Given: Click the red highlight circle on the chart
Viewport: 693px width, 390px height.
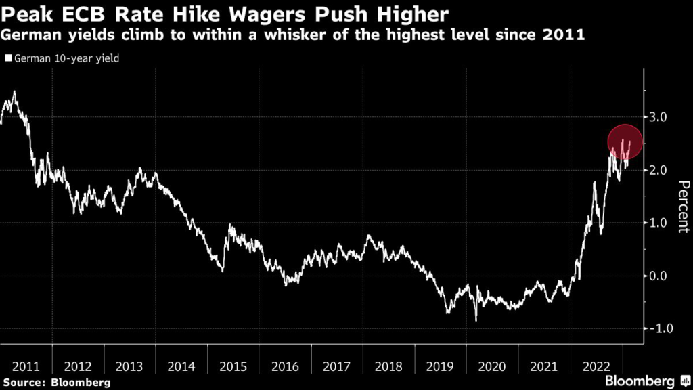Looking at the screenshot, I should point(625,141).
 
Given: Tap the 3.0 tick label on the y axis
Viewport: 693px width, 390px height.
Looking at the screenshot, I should point(658,117).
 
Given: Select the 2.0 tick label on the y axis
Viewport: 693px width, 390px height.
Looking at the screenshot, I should point(658,170).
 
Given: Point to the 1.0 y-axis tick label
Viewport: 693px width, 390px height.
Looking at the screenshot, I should point(658,223).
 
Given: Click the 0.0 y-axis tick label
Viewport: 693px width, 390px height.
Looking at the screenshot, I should point(658,276).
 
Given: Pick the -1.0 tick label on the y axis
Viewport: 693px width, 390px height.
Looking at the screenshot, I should point(656,328).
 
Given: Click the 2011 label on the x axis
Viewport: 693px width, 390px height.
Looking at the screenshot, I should point(26,366).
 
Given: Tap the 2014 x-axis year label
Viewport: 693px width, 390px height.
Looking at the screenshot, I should point(181,366).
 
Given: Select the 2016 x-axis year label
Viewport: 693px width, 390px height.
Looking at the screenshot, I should point(285,366).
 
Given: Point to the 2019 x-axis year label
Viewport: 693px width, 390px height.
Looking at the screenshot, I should point(440,366).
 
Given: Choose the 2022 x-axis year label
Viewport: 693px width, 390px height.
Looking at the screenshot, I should point(596,366).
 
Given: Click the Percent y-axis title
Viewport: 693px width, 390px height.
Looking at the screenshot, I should point(683,207).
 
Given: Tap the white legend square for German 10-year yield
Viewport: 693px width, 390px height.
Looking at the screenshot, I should point(7,59).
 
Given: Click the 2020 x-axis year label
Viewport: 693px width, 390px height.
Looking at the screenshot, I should point(492,366).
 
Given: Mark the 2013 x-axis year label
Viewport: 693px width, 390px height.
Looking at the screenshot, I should point(130,366).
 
